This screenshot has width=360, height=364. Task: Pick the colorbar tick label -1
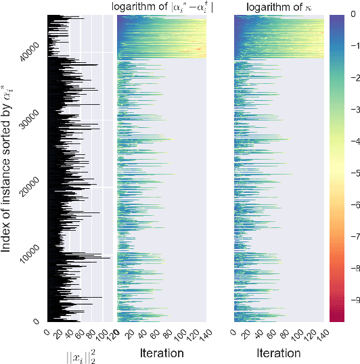[346, 43]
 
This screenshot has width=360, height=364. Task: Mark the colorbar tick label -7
[346, 239]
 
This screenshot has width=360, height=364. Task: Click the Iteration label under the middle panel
[162, 352]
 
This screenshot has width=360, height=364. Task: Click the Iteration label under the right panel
[279, 352]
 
